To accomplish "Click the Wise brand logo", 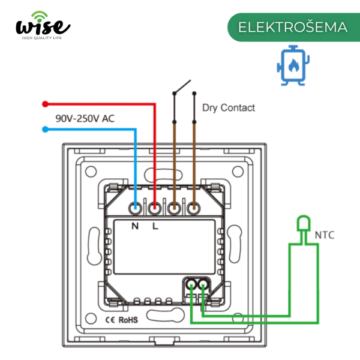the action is pos(43,25).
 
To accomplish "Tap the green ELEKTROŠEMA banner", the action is pos(293,27).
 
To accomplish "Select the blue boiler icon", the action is pos(293,65).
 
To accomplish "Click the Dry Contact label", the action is pos(229,107).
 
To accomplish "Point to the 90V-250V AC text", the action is pos(85,118).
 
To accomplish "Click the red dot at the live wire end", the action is pos(45,104).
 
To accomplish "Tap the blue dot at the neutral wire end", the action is pos(45,129).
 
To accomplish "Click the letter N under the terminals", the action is pos(135,226).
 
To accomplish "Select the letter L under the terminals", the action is pos(155,226).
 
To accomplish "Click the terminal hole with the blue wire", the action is pos(135,208).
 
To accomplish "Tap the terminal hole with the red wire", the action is pos(155,208).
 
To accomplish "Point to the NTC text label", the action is pos(325,235).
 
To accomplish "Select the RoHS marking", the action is pos(128,320).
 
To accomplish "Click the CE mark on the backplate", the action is pos(110,320).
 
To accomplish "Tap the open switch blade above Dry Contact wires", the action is pos(182,86).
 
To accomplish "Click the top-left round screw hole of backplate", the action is pos(91,172).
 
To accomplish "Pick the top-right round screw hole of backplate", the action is pos(238,172).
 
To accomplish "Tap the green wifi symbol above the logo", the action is pos(40,16).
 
